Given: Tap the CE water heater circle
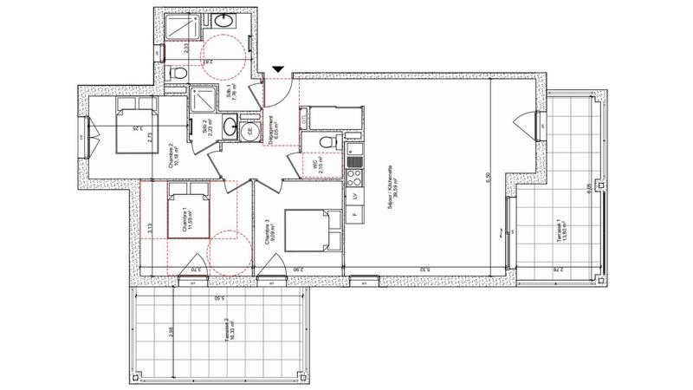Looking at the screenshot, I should [250, 132].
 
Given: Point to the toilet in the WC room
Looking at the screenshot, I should [326, 142].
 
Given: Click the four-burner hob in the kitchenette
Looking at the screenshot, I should [354, 177].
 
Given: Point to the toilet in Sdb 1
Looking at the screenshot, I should [178, 75].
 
